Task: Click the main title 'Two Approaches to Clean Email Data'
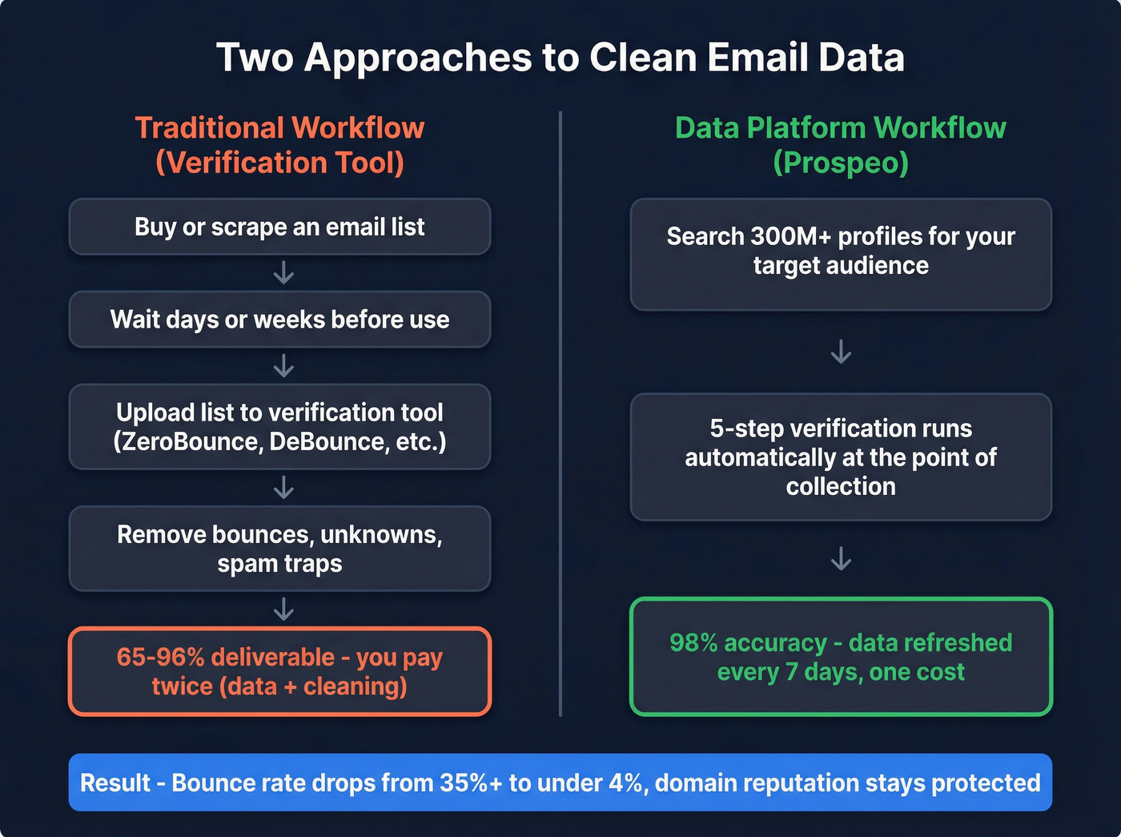[560, 58]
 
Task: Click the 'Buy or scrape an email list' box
[279, 227]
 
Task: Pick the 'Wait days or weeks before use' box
[279, 320]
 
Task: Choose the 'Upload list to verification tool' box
[279, 427]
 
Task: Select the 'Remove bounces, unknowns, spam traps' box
[279, 549]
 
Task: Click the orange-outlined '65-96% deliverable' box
[279, 671]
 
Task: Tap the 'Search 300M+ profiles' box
[841, 254]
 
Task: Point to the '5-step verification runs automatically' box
[841, 457]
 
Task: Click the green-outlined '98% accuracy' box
[841, 657]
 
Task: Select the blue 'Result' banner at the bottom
[560, 783]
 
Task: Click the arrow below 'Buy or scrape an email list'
[283, 273]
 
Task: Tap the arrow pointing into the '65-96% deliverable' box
[283, 610]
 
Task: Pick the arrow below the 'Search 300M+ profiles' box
[841, 352]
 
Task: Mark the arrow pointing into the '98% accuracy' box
[841, 558]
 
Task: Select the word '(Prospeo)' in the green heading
[841, 163]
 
